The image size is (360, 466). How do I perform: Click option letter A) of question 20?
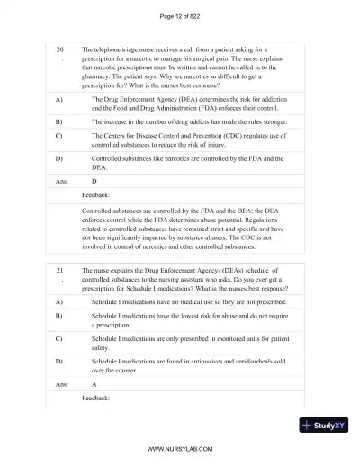pos(58,97)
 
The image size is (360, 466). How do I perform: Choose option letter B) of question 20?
pos(58,119)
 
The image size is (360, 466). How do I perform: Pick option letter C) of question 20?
pos(58,136)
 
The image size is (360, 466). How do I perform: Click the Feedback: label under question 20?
pos(95,194)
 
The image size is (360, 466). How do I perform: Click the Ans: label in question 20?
pos(61,180)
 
